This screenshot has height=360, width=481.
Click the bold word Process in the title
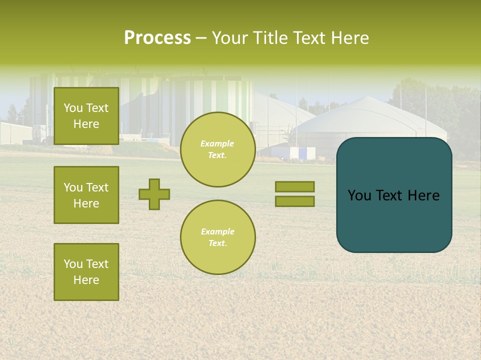click(x=157, y=38)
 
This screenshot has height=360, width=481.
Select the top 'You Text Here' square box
click(x=86, y=116)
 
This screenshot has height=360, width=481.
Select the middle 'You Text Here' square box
click(x=86, y=195)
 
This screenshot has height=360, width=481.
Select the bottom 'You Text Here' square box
click(x=86, y=271)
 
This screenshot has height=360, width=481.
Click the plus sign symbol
click(x=154, y=194)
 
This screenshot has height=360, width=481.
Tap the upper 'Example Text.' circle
click(x=217, y=149)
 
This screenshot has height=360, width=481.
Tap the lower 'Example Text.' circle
click(x=217, y=237)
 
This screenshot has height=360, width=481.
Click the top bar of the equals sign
click(x=295, y=186)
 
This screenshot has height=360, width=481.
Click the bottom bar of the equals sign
click(x=295, y=201)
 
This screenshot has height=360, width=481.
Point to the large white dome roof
click(x=368, y=112)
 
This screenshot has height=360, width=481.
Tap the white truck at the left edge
click(x=40, y=134)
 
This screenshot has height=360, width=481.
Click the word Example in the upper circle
click(x=217, y=143)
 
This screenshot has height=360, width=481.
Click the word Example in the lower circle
click(x=217, y=231)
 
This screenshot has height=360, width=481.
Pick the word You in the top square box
click(x=73, y=108)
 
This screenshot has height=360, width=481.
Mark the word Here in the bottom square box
click(x=86, y=280)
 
